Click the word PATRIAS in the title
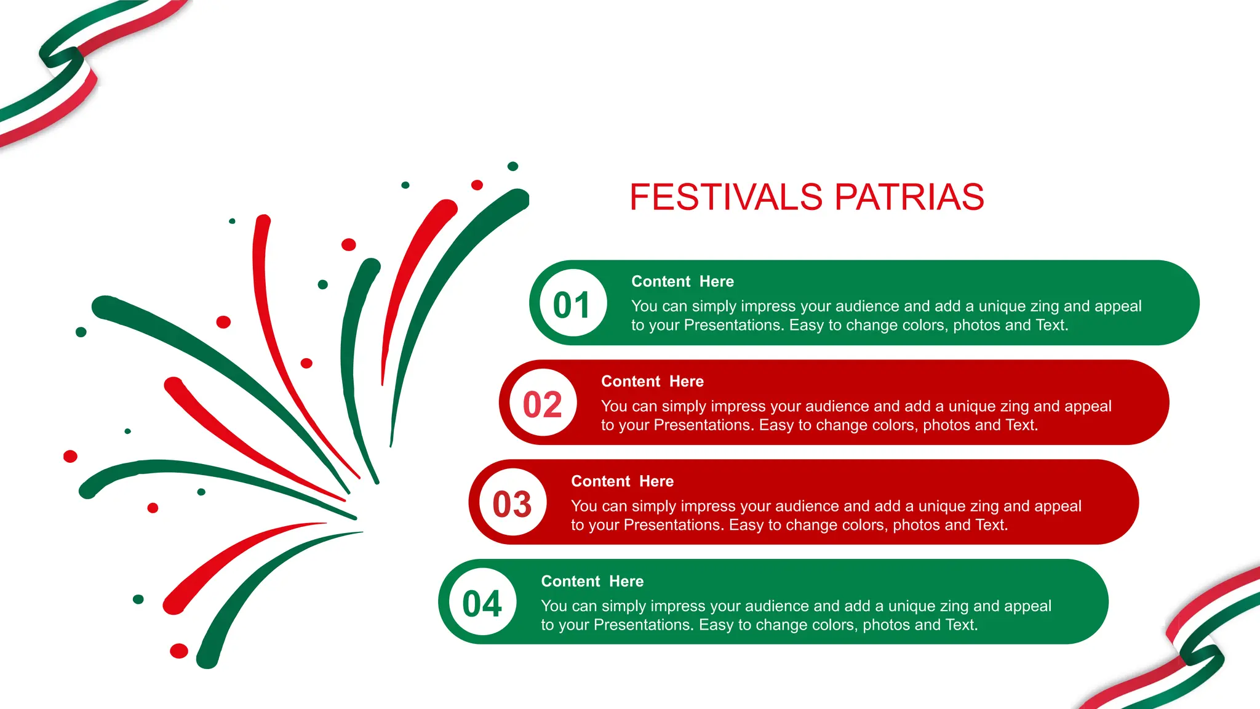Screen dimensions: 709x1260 pos(909,198)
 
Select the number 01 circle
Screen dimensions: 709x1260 pos(572,303)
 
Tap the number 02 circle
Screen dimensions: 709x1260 pos(542,404)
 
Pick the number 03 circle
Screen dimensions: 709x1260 pos(512,503)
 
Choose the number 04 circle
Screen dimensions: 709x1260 pos(482,603)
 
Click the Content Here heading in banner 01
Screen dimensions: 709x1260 pos(682,281)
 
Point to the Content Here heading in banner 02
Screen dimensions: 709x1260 pos(652,382)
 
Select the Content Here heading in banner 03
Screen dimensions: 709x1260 pos(622,481)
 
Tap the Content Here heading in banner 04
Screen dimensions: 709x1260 pos(592,582)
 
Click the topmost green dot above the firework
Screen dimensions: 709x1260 pos(512,166)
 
